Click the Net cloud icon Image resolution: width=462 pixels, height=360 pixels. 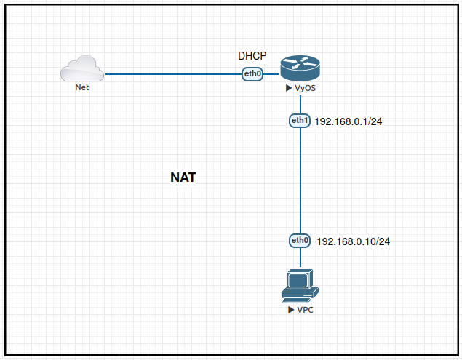[x=82, y=69]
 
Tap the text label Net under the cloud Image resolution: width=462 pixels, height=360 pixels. [x=82, y=87]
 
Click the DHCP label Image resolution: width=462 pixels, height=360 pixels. [x=252, y=56]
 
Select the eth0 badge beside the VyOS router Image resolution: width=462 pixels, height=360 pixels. [x=252, y=73]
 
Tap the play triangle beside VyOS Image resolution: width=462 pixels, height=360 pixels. [x=289, y=89]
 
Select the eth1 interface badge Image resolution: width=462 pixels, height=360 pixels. [x=300, y=120]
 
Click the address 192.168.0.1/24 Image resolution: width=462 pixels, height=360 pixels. [x=349, y=121]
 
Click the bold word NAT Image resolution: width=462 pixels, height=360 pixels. [x=183, y=177]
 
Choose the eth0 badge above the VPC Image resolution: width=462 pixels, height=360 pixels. [x=300, y=240]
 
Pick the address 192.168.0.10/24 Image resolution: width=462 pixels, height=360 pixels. [x=354, y=241]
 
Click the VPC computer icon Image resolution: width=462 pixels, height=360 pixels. [x=300, y=286]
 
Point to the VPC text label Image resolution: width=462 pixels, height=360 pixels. [x=306, y=310]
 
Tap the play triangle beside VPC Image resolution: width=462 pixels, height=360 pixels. [x=291, y=310]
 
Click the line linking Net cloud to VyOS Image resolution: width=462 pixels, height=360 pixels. [x=175, y=73]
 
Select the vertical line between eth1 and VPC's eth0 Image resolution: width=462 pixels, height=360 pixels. [x=300, y=182]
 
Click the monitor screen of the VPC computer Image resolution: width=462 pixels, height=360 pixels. [x=298, y=279]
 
